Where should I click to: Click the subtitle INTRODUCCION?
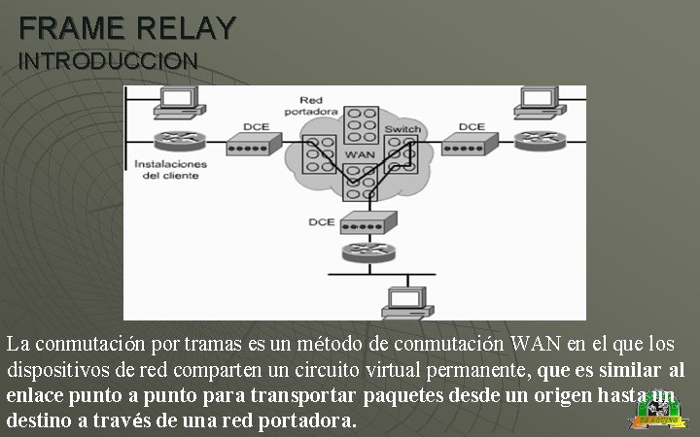pyautogui.click(x=108, y=60)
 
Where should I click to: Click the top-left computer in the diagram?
pyautogui.click(x=178, y=101)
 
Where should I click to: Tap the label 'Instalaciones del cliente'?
pyautogui.click(x=171, y=170)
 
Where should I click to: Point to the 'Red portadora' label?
pyautogui.click(x=311, y=106)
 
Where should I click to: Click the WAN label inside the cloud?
pyautogui.click(x=360, y=154)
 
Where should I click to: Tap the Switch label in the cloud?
pyautogui.click(x=402, y=128)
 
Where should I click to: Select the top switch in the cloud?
pyautogui.click(x=362, y=124)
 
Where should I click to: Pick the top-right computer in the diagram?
pyautogui.click(x=538, y=101)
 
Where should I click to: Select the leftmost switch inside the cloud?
pyautogui.click(x=318, y=152)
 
